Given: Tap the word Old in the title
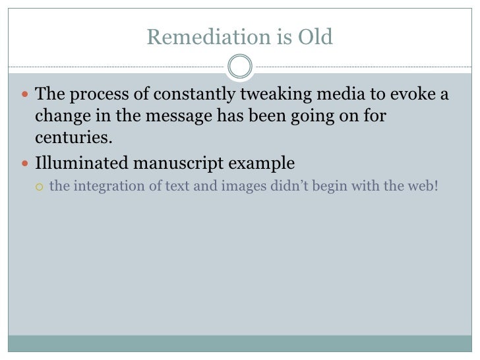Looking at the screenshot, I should click(x=316, y=38).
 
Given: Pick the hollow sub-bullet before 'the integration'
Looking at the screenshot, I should click(x=40, y=187).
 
